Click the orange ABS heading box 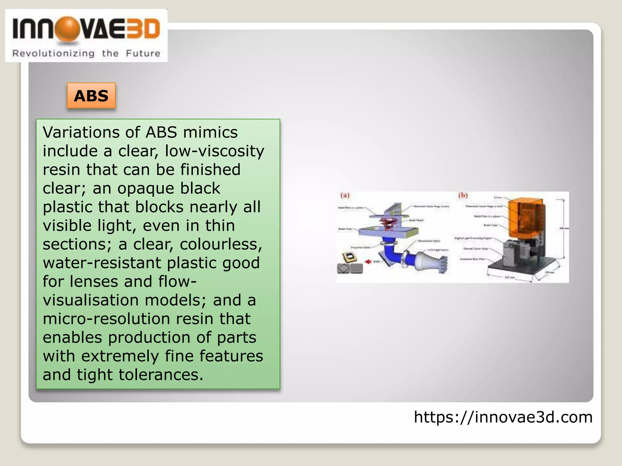91,96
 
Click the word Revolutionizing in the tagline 53,53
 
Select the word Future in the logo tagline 143,53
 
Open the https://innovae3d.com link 503,417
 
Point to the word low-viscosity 214,151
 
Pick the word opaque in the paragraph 146,188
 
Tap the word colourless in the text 220,244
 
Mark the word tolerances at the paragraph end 160,375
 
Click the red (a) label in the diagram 345,195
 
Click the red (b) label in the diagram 463,195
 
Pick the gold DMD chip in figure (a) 349,258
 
